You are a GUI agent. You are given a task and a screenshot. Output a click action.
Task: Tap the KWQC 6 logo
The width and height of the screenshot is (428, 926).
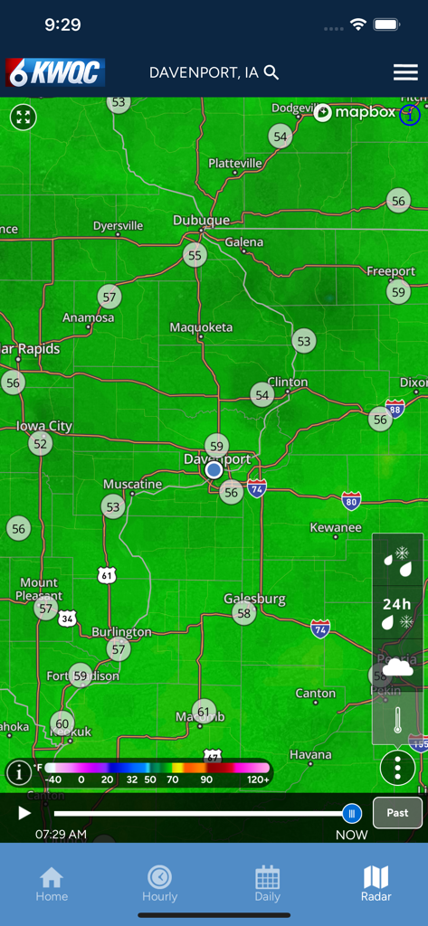(x=55, y=72)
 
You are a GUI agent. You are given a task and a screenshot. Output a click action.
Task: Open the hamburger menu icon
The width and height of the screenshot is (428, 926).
(x=404, y=72)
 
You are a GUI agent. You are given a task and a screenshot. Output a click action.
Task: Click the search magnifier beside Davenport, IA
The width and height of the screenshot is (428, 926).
(x=271, y=72)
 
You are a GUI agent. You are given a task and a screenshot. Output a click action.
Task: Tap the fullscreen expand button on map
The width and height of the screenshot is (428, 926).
(x=24, y=117)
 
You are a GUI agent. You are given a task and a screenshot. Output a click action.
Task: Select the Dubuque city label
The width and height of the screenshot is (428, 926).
(x=201, y=221)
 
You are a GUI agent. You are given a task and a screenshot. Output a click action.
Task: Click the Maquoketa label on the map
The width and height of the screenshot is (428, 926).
(x=201, y=327)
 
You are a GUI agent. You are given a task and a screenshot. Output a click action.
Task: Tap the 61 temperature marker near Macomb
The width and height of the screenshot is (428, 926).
(x=204, y=713)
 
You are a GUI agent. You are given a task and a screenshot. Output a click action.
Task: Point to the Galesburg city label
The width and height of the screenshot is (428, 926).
(x=254, y=599)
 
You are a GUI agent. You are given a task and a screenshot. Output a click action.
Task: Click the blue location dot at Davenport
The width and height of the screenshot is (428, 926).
(x=214, y=470)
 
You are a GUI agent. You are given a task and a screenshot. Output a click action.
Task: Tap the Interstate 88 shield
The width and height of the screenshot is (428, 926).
(x=395, y=409)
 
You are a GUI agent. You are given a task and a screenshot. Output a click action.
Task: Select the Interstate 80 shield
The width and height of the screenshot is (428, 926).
(x=352, y=500)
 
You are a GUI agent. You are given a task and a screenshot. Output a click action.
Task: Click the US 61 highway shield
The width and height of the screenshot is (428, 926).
(x=108, y=574)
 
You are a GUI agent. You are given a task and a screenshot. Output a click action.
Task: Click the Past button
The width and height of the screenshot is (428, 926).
(x=397, y=812)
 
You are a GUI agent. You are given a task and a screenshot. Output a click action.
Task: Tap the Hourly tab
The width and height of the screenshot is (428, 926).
(x=159, y=883)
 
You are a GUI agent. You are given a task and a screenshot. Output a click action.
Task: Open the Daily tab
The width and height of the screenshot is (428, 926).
(x=267, y=883)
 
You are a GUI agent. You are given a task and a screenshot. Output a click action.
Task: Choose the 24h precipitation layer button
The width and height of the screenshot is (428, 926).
(x=397, y=612)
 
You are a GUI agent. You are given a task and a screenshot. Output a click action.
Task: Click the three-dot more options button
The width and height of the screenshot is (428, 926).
(x=397, y=768)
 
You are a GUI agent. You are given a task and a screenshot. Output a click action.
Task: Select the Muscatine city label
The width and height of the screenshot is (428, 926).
(x=132, y=485)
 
